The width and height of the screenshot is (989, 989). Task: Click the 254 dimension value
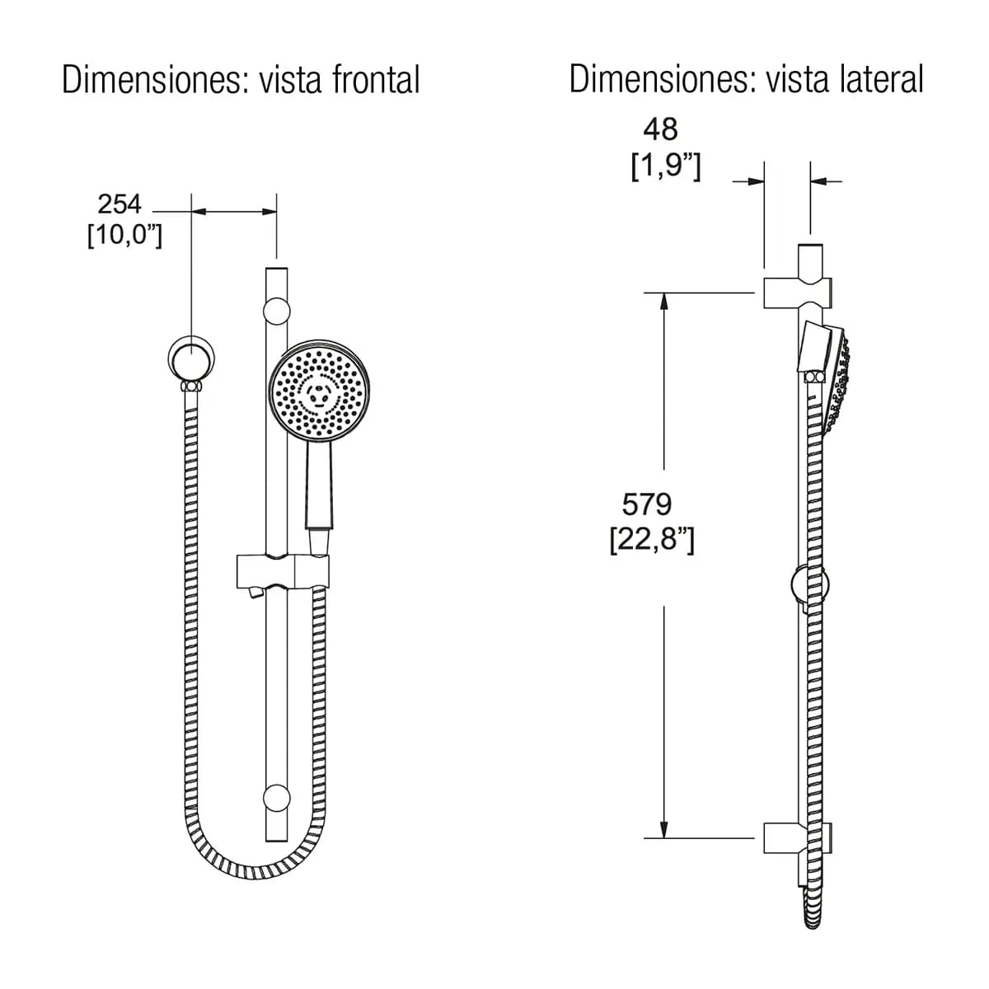(119, 204)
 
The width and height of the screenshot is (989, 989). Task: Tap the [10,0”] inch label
(124, 236)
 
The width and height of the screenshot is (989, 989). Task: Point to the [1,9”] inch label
(666, 166)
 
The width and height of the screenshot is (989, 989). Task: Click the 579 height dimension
(647, 504)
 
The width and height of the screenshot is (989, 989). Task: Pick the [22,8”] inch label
(652, 540)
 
